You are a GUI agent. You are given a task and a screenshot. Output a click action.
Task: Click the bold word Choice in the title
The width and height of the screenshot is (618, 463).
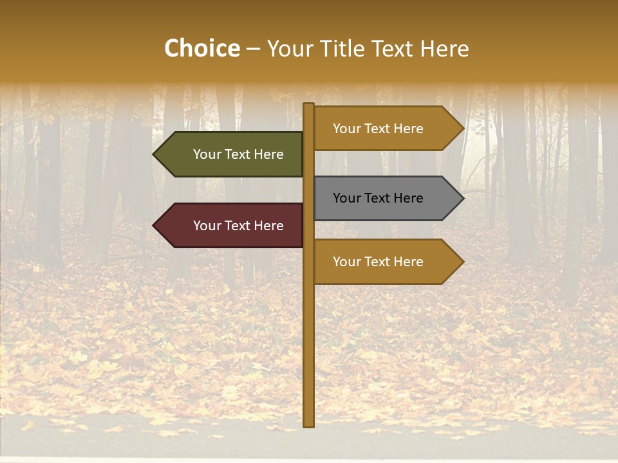click(x=202, y=49)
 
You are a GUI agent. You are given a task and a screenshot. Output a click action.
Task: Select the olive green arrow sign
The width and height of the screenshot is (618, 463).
click(x=232, y=154)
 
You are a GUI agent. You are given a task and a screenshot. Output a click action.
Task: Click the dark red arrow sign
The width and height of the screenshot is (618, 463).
click(x=232, y=226)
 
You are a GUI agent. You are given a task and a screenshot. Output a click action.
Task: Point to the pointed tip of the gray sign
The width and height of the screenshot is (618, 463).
click(x=462, y=198)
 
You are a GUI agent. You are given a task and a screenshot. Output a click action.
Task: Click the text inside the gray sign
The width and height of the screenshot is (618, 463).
click(x=378, y=198)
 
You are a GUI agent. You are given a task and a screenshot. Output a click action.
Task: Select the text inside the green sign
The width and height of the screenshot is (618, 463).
click(x=238, y=154)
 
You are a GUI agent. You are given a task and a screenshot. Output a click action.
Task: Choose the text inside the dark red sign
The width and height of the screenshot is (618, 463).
click(x=238, y=226)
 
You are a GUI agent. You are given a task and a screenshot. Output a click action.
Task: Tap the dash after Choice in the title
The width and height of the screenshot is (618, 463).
click(x=254, y=50)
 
